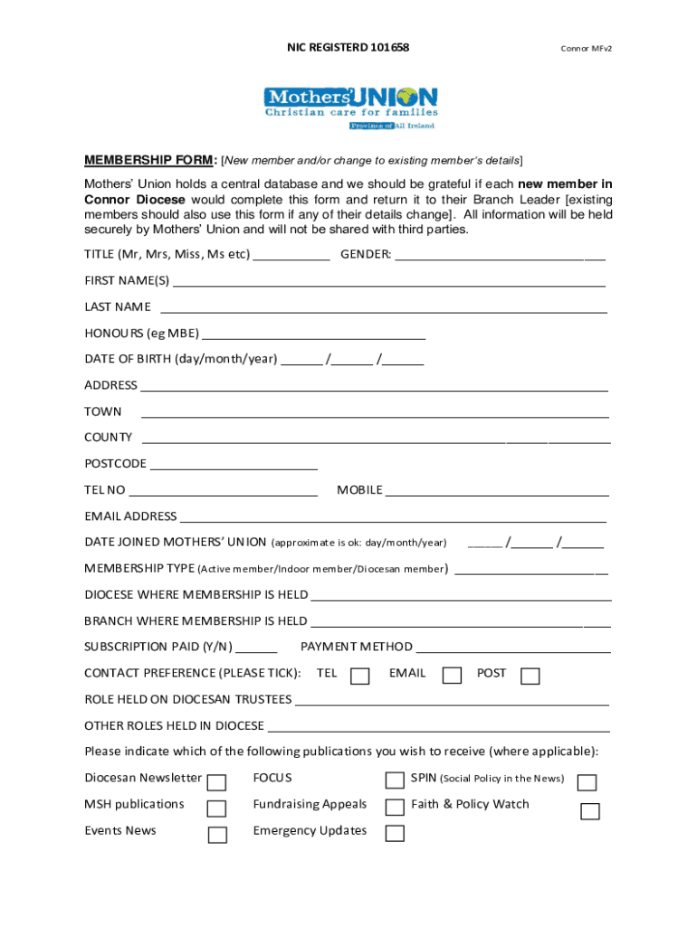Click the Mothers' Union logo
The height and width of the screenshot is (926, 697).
[x=350, y=108]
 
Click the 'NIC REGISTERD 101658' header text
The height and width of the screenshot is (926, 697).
[x=348, y=47]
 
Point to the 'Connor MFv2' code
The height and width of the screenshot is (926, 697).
[x=588, y=48]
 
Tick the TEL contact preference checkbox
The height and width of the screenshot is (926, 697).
[x=359, y=676]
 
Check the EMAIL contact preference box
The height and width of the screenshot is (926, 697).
[x=452, y=676]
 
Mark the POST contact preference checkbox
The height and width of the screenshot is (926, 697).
[x=530, y=676]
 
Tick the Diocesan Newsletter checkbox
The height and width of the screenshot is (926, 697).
[x=217, y=782]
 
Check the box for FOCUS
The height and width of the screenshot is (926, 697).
[x=395, y=780]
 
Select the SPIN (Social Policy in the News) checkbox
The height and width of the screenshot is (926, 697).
[x=587, y=782]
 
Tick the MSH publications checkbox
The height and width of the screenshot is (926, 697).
[x=217, y=808]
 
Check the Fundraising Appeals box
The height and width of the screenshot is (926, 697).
[x=395, y=807]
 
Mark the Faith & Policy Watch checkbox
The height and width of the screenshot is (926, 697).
[x=590, y=811]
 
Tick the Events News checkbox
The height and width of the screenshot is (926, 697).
[x=217, y=835]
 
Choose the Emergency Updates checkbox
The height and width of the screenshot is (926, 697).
[x=395, y=833]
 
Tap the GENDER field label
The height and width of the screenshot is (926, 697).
[x=366, y=254]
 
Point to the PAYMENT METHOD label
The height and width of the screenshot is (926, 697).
[x=357, y=647]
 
